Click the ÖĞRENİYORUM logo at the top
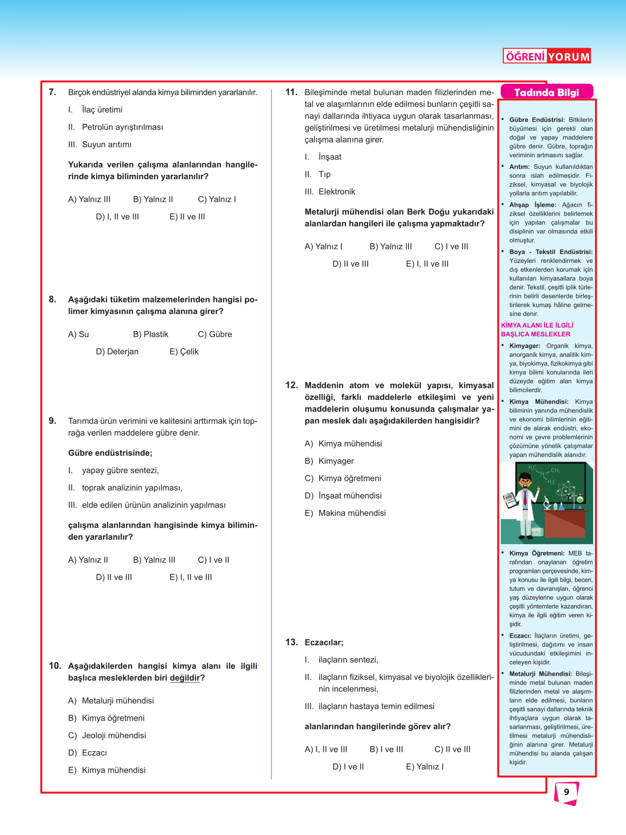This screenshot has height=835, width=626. [x=546, y=56]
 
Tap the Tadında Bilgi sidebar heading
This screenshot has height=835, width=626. [x=546, y=92]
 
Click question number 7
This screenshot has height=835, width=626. [x=53, y=92]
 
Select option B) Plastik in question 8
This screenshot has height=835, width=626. [x=150, y=334]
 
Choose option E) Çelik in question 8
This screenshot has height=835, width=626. [x=184, y=352]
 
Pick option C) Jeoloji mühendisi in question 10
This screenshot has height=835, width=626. [x=107, y=735]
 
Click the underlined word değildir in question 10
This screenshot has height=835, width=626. [x=185, y=678]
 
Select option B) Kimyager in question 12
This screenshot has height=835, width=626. [x=329, y=461]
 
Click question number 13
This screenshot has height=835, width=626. [x=292, y=642]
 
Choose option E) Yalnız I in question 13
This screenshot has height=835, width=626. [x=425, y=767]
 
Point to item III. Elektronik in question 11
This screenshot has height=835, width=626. [x=329, y=192]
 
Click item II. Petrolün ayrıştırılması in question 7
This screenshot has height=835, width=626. [x=115, y=127]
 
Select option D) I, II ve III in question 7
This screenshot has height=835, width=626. [x=117, y=217]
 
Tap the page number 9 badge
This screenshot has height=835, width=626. [x=566, y=792]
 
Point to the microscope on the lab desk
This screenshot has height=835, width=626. [x=546, y=502]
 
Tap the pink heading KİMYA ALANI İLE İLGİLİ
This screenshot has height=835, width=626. [x=537, y=325]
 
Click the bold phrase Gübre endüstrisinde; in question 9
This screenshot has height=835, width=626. [x=110, y=453]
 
